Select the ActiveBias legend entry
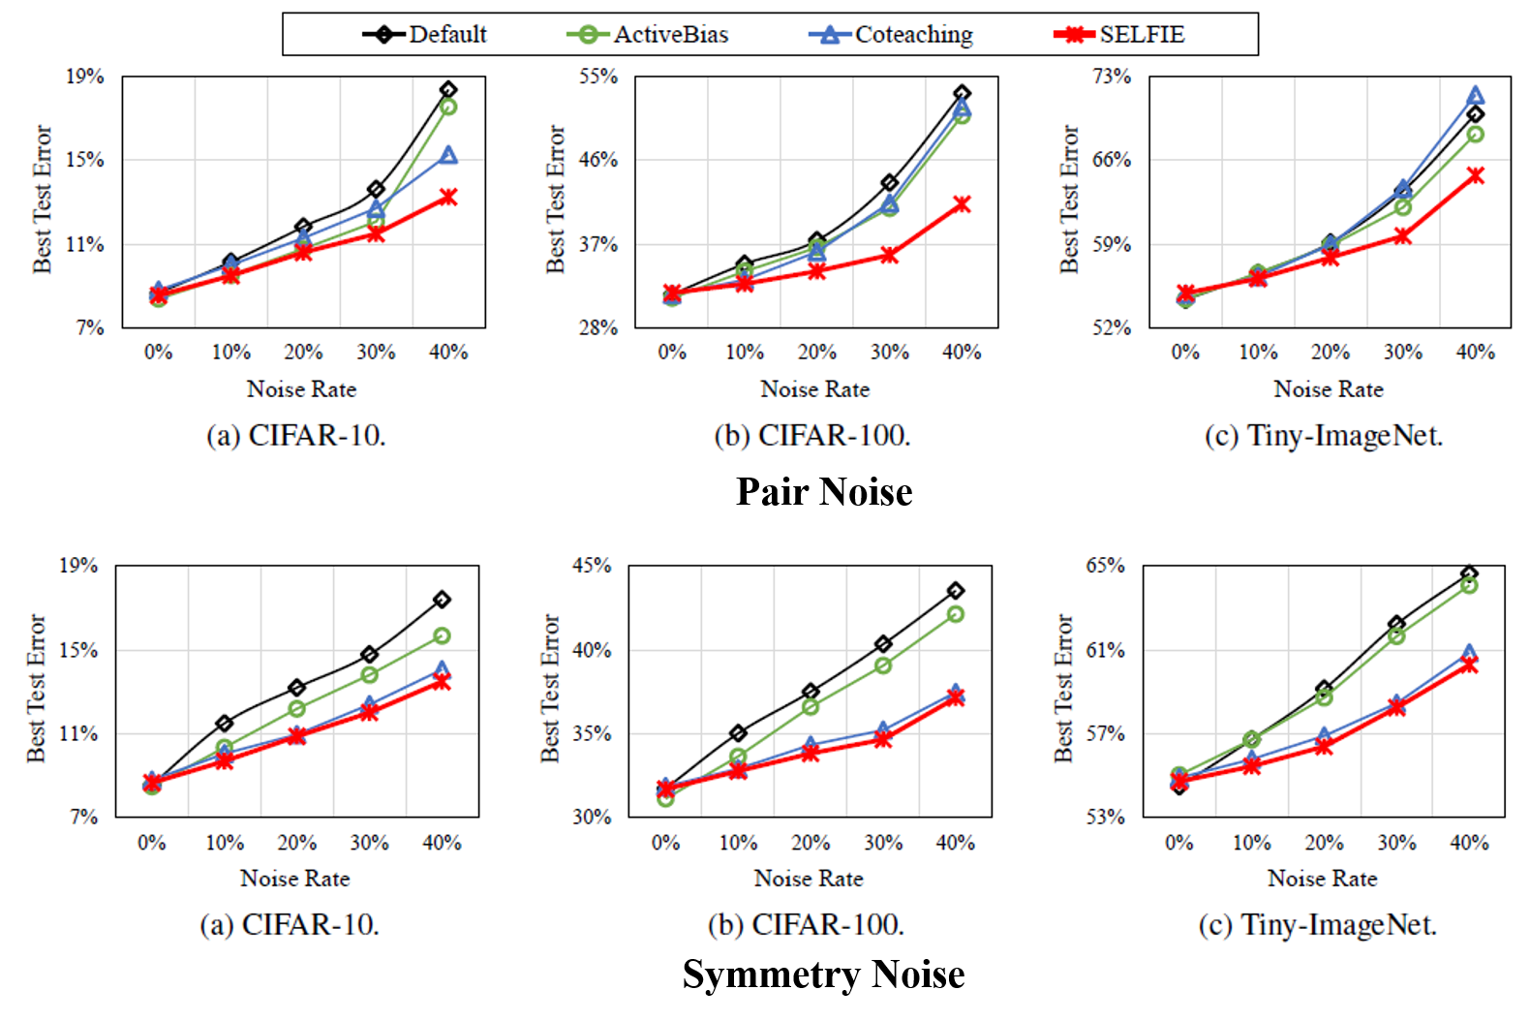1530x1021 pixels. pos(670,35)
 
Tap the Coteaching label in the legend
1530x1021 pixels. pos(913,35)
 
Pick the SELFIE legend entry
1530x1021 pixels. pos(1142,35)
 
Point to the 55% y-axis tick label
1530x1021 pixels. pos(598,77)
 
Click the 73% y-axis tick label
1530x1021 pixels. pos(1112,77)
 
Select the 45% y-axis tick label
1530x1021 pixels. pos(592,566)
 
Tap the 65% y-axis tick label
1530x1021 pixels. pos(1105,566)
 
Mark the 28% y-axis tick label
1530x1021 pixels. pos(598,327)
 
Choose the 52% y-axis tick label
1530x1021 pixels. pos(1112,327)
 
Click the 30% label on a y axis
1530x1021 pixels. pos(592,817)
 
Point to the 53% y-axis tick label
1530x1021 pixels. pos(1105,817)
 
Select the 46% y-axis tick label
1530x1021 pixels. pos(598,160)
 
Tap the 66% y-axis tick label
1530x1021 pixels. pos(1112,160)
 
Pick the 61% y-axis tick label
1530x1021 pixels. pos(1105,650)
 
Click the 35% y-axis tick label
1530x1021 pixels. pos(592,733)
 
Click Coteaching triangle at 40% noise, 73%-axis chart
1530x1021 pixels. pos(1475,95)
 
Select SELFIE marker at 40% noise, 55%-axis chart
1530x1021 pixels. pos(962,204)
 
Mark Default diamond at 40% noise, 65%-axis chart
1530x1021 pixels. pos(1469,573)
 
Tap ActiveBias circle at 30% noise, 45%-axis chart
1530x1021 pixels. pos(883,665)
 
